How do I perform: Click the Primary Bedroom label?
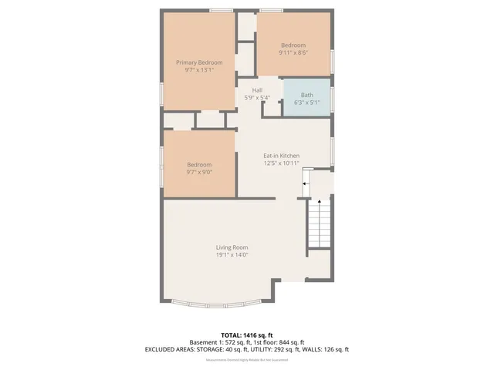click(x=199, y=62)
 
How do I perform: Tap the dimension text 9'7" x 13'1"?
click(x=199, y=70)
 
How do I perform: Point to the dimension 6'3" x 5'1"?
click(x=306, y=103)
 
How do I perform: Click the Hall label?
click(x=257, y=90)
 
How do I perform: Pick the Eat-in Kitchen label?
click(x=282, y=156)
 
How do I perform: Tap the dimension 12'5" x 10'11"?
click(x=282, y=163)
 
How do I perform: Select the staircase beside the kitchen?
click(x=319, y=221)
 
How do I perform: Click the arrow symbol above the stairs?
click(x=306, y=184)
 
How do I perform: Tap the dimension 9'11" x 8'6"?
click(x=293, y=52)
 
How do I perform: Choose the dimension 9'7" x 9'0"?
click(x=199, y=172)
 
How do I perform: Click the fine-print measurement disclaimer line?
click(x=246, y=360)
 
